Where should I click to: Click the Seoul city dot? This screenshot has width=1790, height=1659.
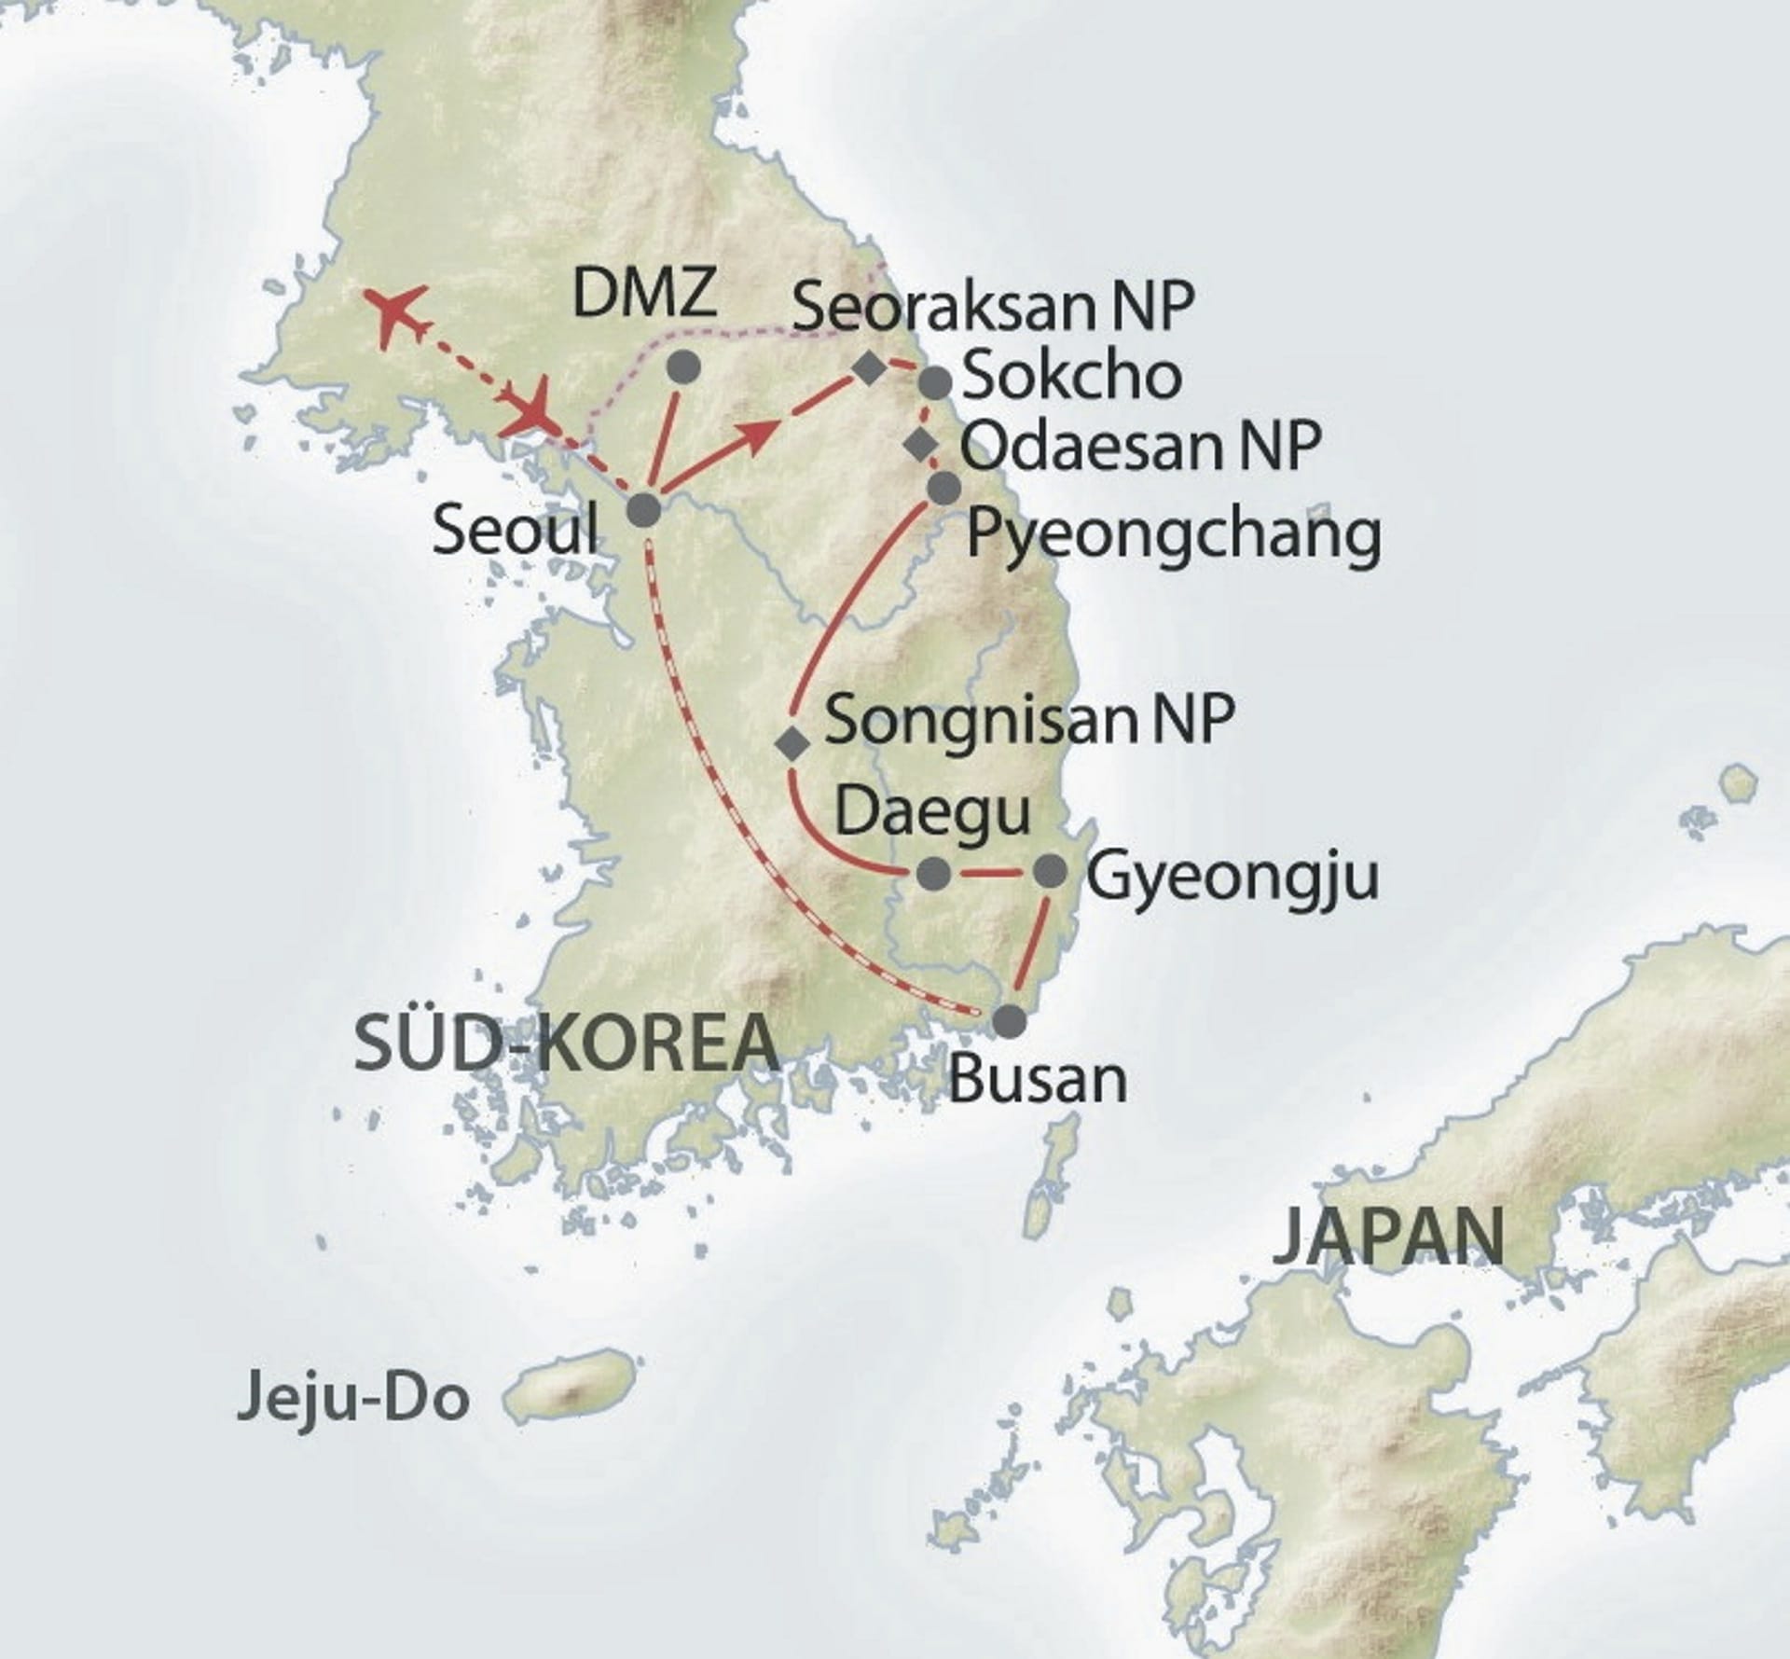pos(644,510)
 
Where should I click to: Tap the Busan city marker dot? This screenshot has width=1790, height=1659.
pos(1009,1021)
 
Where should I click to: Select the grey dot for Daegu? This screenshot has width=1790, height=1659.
pos(934,874)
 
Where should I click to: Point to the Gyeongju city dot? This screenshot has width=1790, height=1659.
pos(1051,871)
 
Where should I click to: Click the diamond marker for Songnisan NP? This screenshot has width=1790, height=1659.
pos(793,743)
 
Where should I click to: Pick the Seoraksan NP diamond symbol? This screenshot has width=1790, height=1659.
pos(869,369)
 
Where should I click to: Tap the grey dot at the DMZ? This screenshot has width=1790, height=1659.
pos(684,367)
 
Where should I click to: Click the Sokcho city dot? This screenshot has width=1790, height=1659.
pos(934,381)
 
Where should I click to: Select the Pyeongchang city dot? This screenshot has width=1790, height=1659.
pos(943,488)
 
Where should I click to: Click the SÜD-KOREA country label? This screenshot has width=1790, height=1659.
pos(567,1044)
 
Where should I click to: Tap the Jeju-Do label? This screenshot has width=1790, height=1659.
pos(352,1402)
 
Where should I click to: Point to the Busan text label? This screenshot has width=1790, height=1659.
pos(1037,1080)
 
